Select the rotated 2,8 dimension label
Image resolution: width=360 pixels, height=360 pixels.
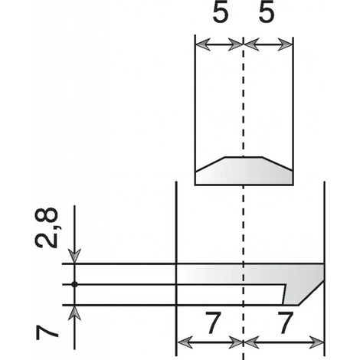[x=46, y=227]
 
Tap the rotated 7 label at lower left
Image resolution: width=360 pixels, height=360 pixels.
[x=47, y=333]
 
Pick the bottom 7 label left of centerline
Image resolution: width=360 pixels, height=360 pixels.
[x=213, y=323]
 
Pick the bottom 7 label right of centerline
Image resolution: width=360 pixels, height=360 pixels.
[x=285, y=323]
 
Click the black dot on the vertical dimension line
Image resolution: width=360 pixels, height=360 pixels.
[x=74, y=284]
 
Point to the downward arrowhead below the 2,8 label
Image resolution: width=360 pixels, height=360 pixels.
[x=74, y=256]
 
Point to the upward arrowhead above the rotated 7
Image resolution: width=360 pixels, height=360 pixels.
[x=74, y=313]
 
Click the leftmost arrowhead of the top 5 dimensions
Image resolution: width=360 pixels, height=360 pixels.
[x=203, y=44]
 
